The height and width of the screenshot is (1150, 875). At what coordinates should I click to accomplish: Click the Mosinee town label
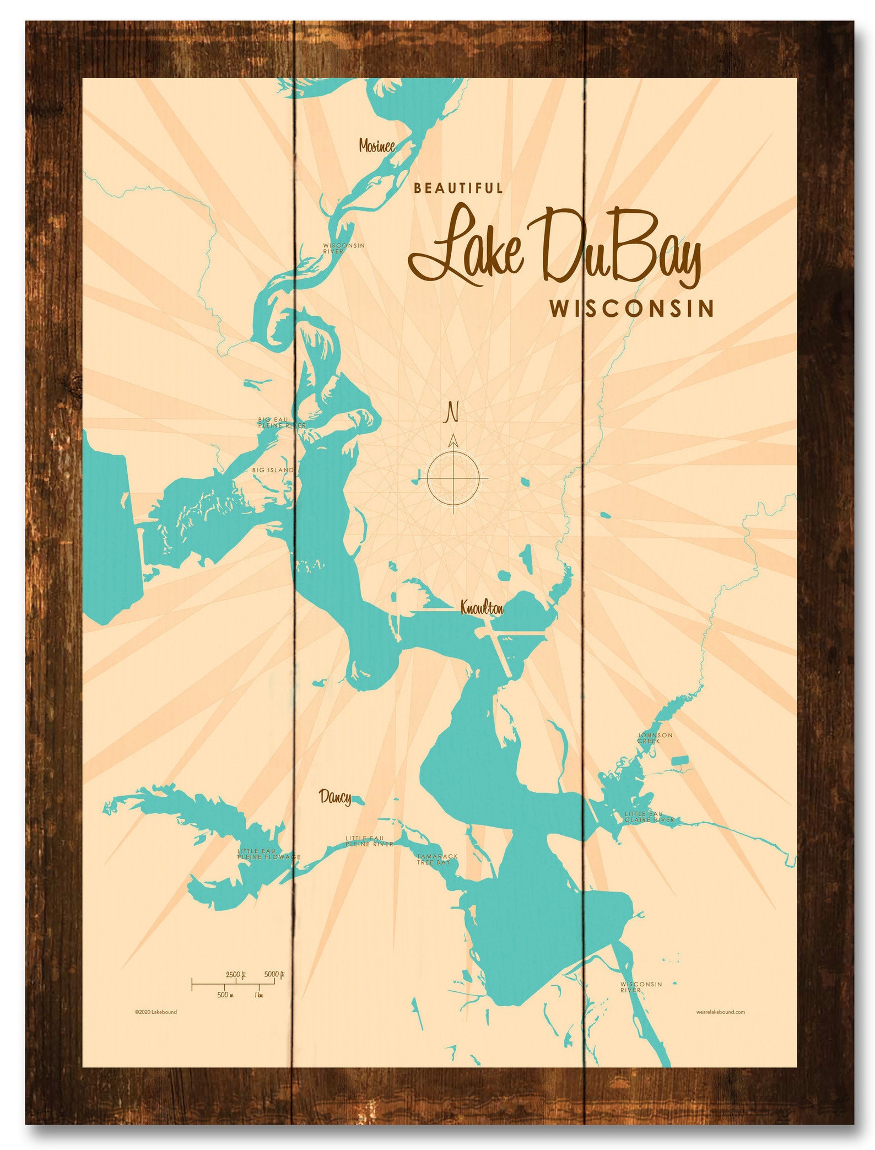point(377,145)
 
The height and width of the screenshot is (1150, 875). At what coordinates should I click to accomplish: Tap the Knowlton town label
point(482,608)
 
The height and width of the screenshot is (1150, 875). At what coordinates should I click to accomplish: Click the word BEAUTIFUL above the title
point(458,188)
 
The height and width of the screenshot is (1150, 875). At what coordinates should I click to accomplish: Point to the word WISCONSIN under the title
point(631,309)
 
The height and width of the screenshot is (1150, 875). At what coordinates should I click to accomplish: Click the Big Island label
point(273,470)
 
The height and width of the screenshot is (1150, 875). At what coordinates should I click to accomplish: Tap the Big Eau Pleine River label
point(281,423)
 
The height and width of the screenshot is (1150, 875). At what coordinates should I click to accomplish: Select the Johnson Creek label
point(655,738)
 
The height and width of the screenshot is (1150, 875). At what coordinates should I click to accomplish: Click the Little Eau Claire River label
point(649,817)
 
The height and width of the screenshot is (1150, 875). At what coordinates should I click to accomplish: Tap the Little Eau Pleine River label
point(369,841)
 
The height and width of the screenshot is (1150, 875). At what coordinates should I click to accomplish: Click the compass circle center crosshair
point(453,478)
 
